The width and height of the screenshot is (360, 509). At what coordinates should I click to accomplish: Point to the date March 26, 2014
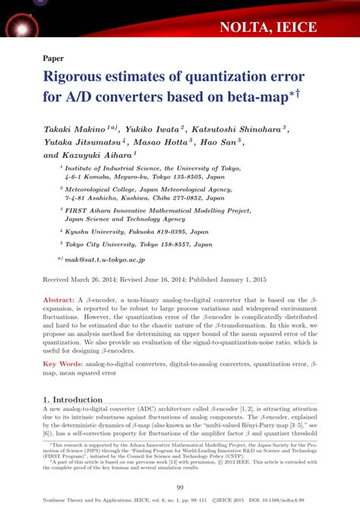(104, 280)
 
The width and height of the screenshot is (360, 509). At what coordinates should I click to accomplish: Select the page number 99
(180, 487)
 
